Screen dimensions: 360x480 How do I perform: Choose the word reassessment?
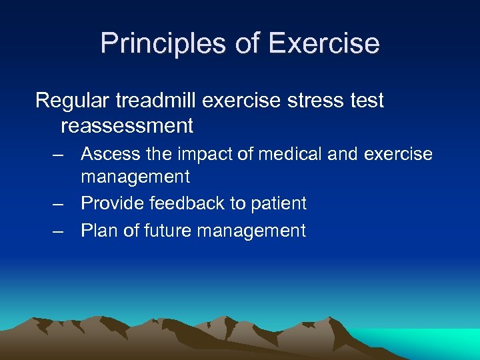pos(127,125)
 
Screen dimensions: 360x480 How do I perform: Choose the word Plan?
pos(98,231)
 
